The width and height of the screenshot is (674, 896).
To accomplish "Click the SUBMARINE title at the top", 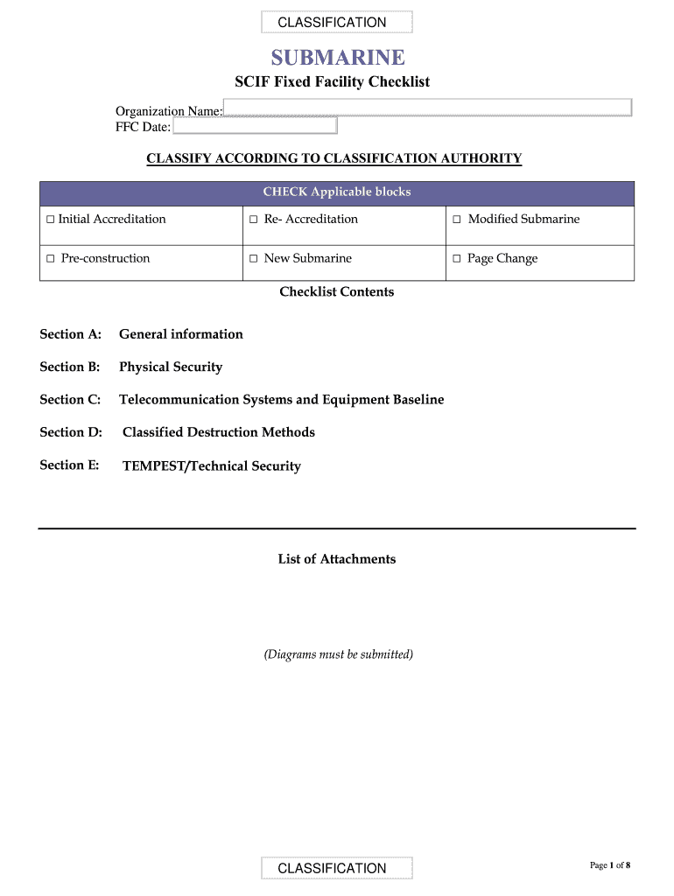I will (337, 58).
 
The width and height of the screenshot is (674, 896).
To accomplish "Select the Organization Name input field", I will (427, 108).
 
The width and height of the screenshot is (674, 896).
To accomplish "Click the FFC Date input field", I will (255, 127).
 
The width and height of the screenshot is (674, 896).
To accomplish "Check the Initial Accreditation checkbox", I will (50, 220).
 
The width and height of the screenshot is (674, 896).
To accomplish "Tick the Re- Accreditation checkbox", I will (253, 220).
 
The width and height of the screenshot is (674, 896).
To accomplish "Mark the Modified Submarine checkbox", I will (456, 220).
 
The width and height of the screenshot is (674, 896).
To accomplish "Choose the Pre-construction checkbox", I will (51, 259).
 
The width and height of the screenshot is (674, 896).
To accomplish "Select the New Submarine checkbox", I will (253, 259).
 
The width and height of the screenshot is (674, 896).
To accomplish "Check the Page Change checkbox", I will (456, 259).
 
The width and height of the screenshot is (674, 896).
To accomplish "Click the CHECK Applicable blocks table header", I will (337, 192).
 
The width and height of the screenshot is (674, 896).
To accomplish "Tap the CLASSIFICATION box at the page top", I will (337, 23).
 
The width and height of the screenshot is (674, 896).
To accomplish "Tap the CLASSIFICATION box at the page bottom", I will (337, 868).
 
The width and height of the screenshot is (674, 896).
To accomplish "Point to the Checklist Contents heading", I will (337, 292).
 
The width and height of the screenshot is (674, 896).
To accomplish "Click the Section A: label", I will (70, 334).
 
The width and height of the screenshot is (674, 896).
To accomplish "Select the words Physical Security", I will (171, 367).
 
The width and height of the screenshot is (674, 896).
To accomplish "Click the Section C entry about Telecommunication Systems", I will (281, 400).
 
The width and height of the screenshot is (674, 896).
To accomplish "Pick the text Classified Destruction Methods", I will (219, 432).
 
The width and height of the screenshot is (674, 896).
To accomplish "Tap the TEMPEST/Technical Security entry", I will (212, 466).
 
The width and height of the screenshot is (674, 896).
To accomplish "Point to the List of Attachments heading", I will (337, 559).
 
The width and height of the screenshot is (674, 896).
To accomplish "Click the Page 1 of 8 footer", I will (610, 865).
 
